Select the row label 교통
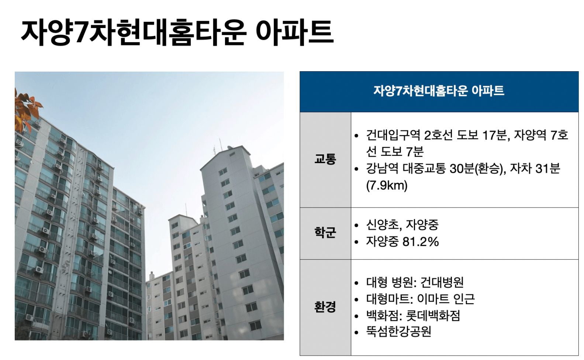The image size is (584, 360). point(325,159)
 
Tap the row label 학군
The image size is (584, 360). point(325,233)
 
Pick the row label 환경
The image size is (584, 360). point(325,307)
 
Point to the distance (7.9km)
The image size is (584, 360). point(387,186)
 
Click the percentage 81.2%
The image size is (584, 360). point(421,241)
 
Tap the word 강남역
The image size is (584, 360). point(382,168)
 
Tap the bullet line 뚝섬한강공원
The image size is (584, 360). point(399,332)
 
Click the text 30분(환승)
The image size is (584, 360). point(478,168)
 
